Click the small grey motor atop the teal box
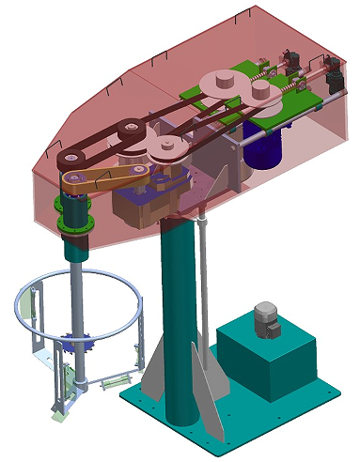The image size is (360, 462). pyautogui.click(x=267, y=320)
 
